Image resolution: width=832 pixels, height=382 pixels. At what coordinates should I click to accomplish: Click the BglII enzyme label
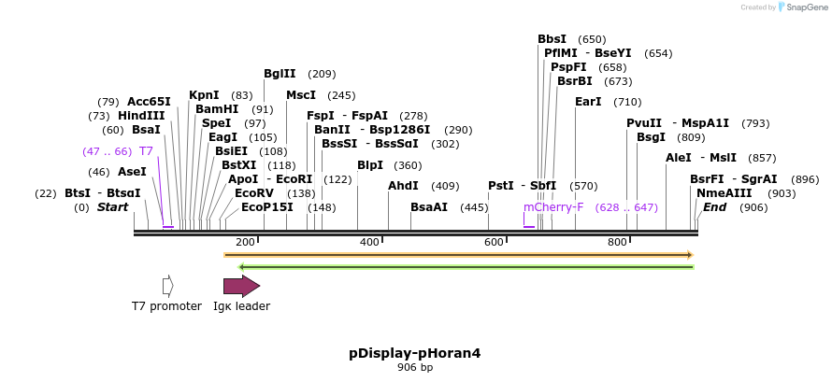click(x=280, y=74)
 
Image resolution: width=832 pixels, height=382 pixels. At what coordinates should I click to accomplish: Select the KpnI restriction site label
click(x=204, y=94)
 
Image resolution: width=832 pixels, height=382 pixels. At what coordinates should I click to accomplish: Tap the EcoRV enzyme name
click(x=254, y=192)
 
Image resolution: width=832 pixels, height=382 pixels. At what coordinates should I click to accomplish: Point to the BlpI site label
click(x=370, y=165)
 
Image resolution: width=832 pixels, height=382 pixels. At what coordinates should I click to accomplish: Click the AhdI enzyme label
click(x=403, y=186)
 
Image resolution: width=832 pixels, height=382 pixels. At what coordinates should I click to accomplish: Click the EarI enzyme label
click(x=588, y=101)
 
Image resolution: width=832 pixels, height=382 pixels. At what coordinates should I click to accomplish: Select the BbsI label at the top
click(x=552, y=39)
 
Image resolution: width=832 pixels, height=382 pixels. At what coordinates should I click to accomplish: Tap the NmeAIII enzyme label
click(x=721, y=192)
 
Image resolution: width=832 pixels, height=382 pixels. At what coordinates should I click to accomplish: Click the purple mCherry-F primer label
click(x=553, y=206)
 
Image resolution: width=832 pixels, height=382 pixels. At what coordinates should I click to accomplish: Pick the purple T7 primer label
click(x=146, y=150)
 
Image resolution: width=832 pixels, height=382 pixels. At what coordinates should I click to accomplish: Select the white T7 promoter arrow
click(x=168, y=286)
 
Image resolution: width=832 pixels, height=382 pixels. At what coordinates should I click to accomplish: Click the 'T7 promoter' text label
click(x=166, y=306)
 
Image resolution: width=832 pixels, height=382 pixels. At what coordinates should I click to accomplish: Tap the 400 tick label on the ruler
click(x=370, y=243)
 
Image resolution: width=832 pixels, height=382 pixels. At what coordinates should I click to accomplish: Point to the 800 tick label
click(x=617, y=243)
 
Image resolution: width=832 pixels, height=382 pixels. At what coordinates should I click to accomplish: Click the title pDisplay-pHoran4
click(x=415, y=353)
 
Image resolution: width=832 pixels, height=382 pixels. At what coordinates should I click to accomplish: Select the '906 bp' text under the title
click(x=415, y=368)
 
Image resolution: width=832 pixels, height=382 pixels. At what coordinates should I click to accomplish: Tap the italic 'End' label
click(x=715, y=206)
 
